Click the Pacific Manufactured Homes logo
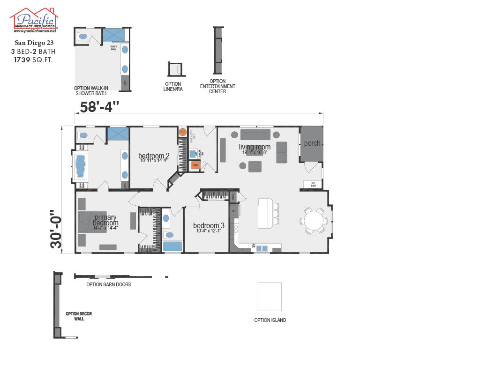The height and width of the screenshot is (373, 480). pyautogui.click(x=34, y=20)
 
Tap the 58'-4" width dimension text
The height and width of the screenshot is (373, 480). pyautogui.click(x=99, y=107)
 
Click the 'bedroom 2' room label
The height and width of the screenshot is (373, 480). pyautogui.click(x=153, y=156)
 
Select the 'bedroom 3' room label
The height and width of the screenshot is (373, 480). pyautogui.click(x=209, y=226)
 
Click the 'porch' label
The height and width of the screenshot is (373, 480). pyautogui.click(x=312, y=143)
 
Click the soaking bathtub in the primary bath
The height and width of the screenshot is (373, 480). pyautogui.click(x=81, y=166)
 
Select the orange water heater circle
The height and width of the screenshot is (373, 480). pyautogui.click(x=182, y=132)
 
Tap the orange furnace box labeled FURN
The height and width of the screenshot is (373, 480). pyautogui.click(x=195, y=165)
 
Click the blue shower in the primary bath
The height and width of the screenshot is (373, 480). pyautogui.click(x=118, y=134)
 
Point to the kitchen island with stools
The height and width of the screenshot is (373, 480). pyautogui.click(x=265, y=213)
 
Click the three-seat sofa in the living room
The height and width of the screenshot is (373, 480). pyautogui.click(x=255, y=135)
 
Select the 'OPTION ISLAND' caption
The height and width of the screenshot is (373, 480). pyautogui.click(x=270, y=321)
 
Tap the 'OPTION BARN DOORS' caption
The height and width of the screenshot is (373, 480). pyautogui.click(x=109, y=284)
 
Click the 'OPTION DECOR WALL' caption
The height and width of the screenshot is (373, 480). pyautogui.click(x=79, y=316)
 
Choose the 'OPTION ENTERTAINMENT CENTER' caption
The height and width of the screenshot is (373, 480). pyautogui.click(x=217, y=86)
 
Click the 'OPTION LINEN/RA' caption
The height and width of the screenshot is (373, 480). pyautogui.click(x=173, y=87)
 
